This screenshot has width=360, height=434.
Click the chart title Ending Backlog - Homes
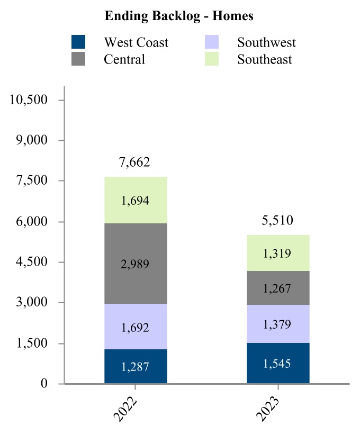click(x=179, y=16)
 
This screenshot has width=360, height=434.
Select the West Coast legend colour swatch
click(x=78, y=42)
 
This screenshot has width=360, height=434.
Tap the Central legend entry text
click(x=124, y=59)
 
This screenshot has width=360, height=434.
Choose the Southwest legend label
click(x=266, y=42)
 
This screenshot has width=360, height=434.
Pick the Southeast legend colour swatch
click(x=212, y=59)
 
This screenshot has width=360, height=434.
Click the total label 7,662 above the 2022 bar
click(x=136, y=162)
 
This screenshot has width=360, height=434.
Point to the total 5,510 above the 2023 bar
click(x=278, y=220)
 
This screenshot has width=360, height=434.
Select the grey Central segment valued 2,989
click(x=136, y=264)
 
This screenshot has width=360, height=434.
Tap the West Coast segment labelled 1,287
click(x=136, y=366)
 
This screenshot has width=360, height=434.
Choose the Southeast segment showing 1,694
click(x=136, y=200)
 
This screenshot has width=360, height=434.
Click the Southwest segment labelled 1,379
click(x=278, y=324)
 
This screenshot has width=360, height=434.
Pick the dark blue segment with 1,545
click(x=278, y=363)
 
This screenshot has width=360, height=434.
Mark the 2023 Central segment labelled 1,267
click(x=278, y=288)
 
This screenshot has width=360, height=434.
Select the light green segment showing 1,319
click(x=278, y=253)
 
